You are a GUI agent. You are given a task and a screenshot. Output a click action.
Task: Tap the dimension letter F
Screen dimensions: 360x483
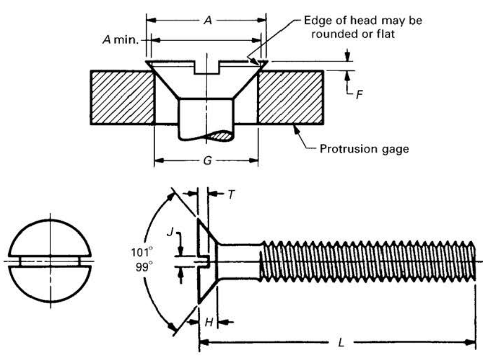[359, 95]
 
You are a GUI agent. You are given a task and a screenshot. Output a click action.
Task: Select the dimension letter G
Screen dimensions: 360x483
[207, 161]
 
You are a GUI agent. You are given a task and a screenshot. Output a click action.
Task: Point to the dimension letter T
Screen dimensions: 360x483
[231, 194]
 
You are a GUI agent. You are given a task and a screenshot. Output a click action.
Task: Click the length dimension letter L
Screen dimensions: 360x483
[340, 342]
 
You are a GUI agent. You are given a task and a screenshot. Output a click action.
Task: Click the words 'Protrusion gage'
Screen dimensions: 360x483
[364, 148]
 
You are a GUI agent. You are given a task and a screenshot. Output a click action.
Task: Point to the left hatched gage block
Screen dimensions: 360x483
[123, 97]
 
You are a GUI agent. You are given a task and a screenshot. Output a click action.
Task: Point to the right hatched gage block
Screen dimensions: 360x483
[291, 97]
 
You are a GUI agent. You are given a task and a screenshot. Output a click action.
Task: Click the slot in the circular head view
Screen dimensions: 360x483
[50, 260]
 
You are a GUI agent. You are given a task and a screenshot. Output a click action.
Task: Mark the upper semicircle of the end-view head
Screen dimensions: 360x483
[50, 238]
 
